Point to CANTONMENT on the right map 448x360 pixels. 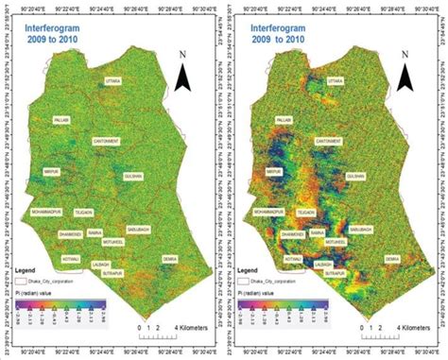(328, 141)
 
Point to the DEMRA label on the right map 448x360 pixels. (392, 257)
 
